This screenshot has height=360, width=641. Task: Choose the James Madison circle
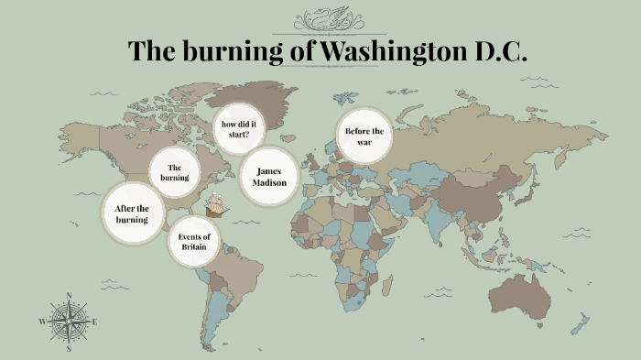coord(270,177)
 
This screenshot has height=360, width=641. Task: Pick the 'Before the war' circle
coord(364,137)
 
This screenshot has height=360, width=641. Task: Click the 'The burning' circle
coord(176,171)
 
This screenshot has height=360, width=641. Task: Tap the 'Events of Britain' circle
coord(193,243)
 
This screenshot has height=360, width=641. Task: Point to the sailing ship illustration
coord(217,205)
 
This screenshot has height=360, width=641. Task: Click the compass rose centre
coord(69,322)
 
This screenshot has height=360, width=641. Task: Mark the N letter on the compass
coord(69,296)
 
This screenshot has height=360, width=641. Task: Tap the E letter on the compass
coord(94,322)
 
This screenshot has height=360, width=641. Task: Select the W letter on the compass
coord(42,322)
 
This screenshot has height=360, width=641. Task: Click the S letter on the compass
coord(69,348)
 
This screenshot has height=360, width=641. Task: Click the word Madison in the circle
coord(270,183)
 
